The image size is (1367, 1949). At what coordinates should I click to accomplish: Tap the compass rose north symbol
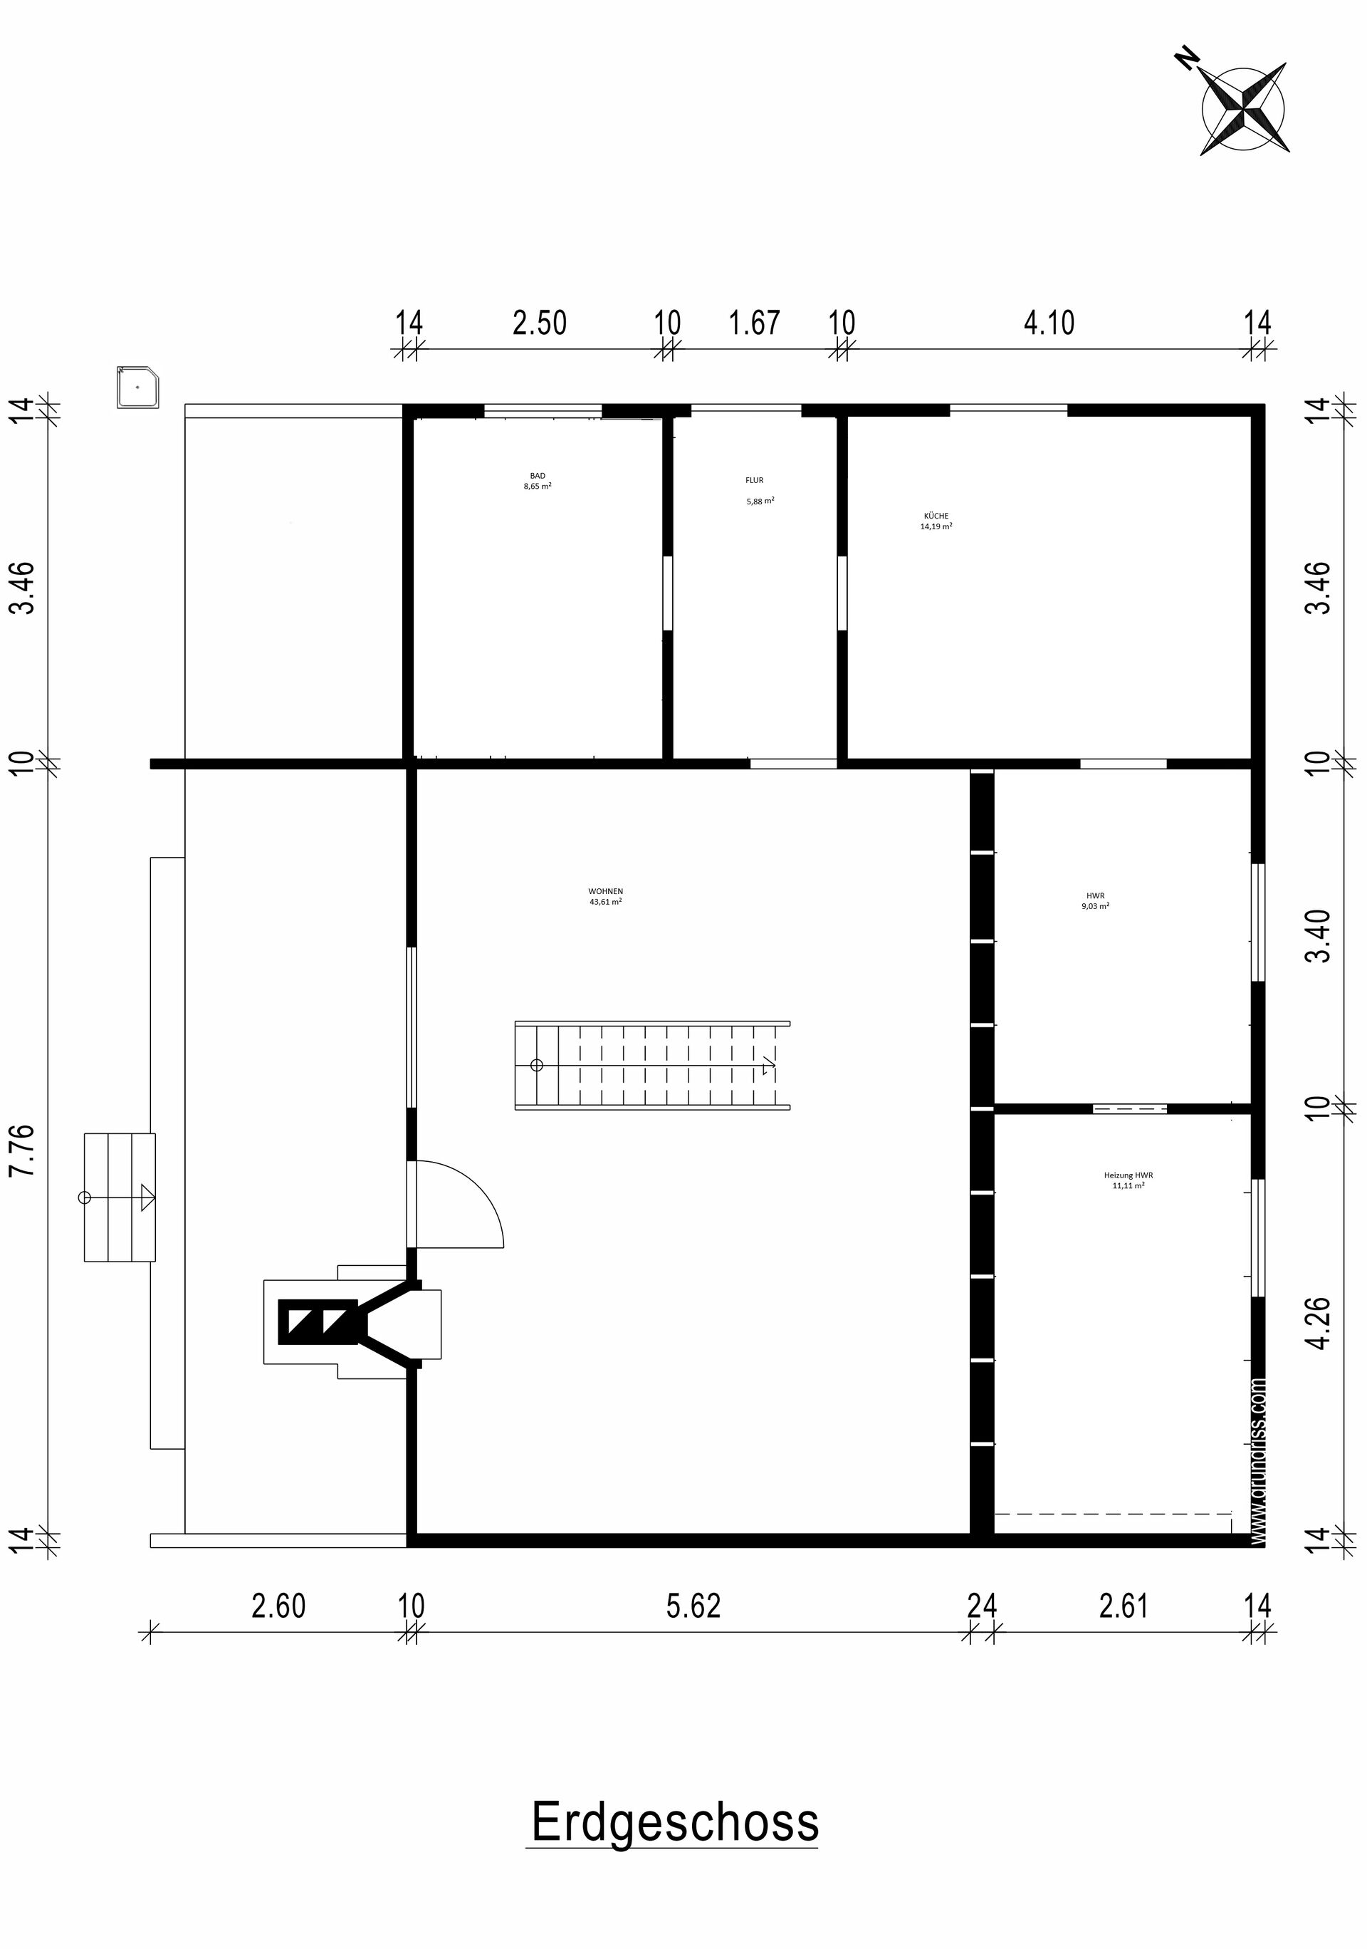(x=1244, y=109)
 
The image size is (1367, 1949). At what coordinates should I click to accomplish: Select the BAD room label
(x=538, y=482)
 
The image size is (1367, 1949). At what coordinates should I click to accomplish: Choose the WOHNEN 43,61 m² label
(x=606, y=896)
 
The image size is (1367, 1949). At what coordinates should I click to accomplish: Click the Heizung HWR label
(x=1128, y=1180)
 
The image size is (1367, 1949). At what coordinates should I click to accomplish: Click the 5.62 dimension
(x=693, y=1606)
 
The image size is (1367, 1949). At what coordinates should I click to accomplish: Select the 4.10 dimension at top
(x=1049, y=323)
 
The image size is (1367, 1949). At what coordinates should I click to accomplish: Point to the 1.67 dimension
(x=755, y=323)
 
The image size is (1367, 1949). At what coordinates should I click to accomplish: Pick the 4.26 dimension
(x=1319, y=1321)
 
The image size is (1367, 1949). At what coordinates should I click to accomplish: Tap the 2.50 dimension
(x=540, y=323)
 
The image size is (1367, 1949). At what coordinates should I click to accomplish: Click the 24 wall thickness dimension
(x=982, y=1606)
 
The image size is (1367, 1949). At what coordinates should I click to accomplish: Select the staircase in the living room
(x=652, y=1066)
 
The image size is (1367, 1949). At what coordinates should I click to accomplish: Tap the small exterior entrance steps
(x=120, y=1197)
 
